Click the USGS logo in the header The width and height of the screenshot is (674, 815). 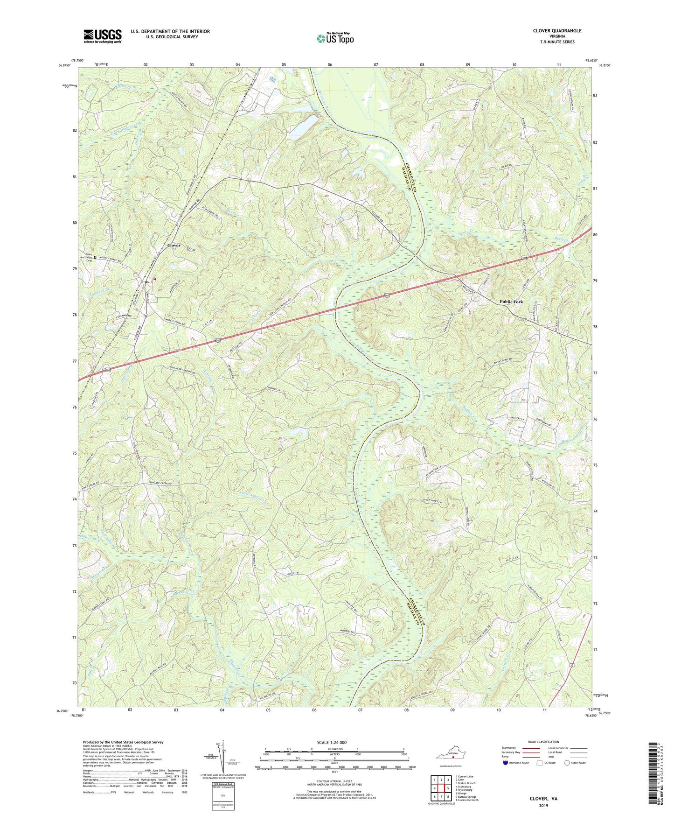(103, 36)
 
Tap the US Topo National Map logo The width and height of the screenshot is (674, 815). (335, 38)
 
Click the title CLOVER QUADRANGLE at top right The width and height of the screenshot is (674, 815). (557, 31)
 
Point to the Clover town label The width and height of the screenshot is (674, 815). (174, 245)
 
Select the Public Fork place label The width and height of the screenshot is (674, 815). (511, 302)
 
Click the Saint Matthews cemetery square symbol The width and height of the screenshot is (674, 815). (95, 257)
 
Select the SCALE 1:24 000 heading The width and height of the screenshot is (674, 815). (332, 742)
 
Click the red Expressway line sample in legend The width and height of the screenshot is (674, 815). (532, 748)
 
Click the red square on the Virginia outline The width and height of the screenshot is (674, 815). (452, 758)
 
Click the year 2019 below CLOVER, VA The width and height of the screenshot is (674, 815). (543, 805)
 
